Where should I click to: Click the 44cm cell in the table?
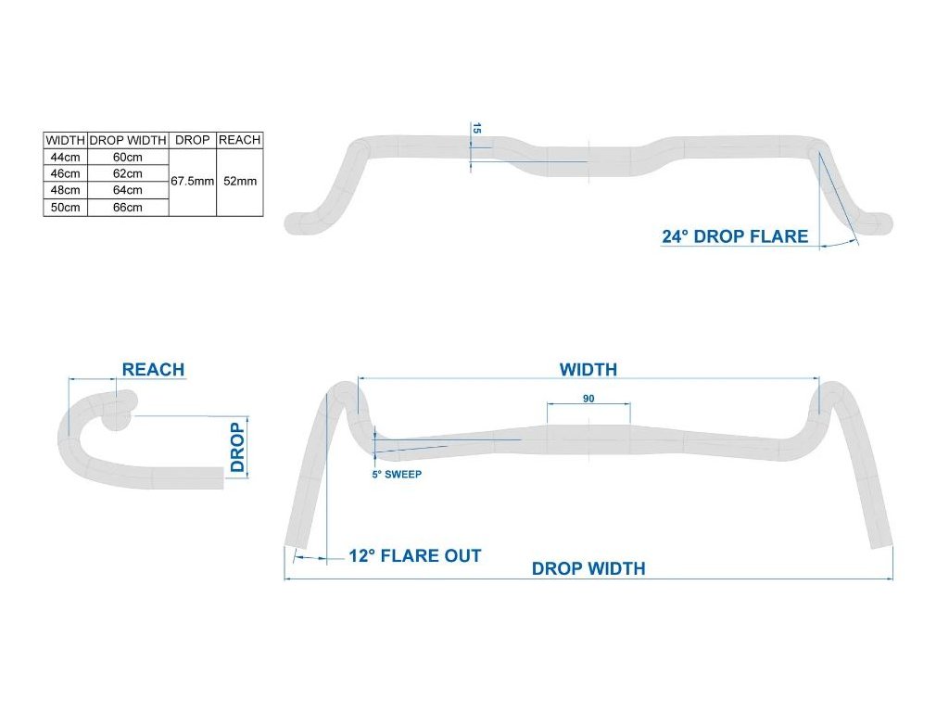[x=65, y=157]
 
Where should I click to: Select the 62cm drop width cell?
[x=128, y=173]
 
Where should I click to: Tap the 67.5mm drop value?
[x=192, y=182]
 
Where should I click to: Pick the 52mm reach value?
[x=240, y=182]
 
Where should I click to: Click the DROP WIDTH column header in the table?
[x=128, y=140]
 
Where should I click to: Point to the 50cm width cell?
[x=65, y=207]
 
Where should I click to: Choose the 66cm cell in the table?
[x=128, y=207]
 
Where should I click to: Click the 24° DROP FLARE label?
[x=735, y=236]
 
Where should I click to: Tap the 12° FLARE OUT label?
[x=414, y=556]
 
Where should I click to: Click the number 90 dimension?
[x=588, y=399]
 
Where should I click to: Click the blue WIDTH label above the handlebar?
[x=588, y=369]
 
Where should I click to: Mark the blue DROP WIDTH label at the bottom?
[x=588, y=568]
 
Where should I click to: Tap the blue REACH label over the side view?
[x=153, y=369]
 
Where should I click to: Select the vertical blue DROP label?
[x=238, y=448]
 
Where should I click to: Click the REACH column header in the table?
[x=240, y=140]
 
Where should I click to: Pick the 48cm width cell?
[x=65, y=190]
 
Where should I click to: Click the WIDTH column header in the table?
[x=65, y=140]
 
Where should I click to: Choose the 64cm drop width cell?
[x=128, y=190]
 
